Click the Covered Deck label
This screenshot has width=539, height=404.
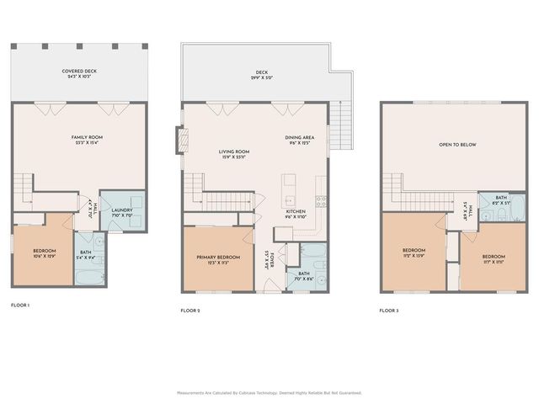pos(79,72)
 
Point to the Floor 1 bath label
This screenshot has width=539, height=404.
pos(86,252)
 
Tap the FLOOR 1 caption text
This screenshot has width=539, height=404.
pos(20,304)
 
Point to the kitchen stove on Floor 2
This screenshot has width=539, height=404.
pos(321,201)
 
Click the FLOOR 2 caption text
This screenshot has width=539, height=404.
pos(190,311)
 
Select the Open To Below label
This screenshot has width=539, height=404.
pos(457,145)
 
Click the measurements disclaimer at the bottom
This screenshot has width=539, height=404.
pos(269,393)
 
